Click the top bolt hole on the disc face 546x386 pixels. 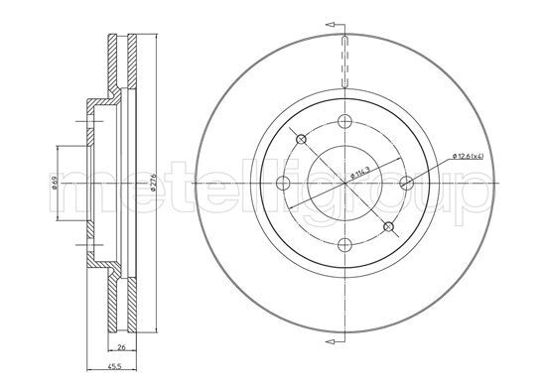coord(343,122)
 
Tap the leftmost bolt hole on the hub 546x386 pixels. coord(282,184)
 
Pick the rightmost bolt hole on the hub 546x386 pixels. coord(405,184)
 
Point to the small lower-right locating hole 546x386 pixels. coord(388,228)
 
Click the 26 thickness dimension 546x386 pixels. coord(119,347)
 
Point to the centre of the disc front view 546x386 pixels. coord(343,184)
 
